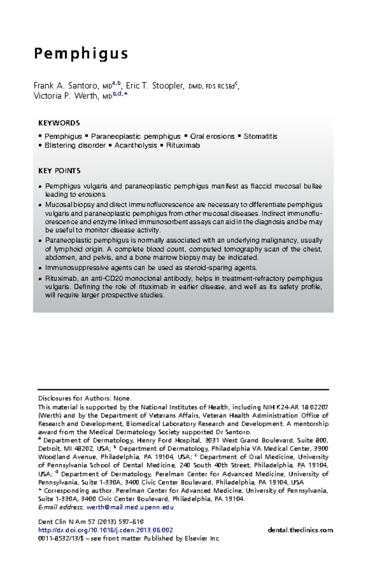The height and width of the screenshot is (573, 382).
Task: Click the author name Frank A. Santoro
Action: coord(66,86)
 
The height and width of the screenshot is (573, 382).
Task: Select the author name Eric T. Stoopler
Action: coord(155,86)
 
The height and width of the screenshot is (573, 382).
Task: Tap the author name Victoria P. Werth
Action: coord(66,95)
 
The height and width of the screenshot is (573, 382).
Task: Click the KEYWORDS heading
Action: coord(59,123)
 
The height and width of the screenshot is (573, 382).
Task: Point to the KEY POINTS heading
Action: coord(59,171)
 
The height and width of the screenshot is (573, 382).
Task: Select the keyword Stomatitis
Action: coord(260,136)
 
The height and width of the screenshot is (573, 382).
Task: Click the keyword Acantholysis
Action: coord(136,145)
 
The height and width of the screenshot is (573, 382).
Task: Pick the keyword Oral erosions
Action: coord(212,136)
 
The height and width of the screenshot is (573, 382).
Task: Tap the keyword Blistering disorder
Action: coord(75,145)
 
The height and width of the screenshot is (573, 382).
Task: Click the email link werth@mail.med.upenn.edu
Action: coord(130,507)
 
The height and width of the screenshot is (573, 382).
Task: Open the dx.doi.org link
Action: coord(105,530)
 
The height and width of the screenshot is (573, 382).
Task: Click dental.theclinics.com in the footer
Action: coord(300,530)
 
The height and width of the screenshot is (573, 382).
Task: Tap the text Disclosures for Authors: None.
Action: coord(85,398)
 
